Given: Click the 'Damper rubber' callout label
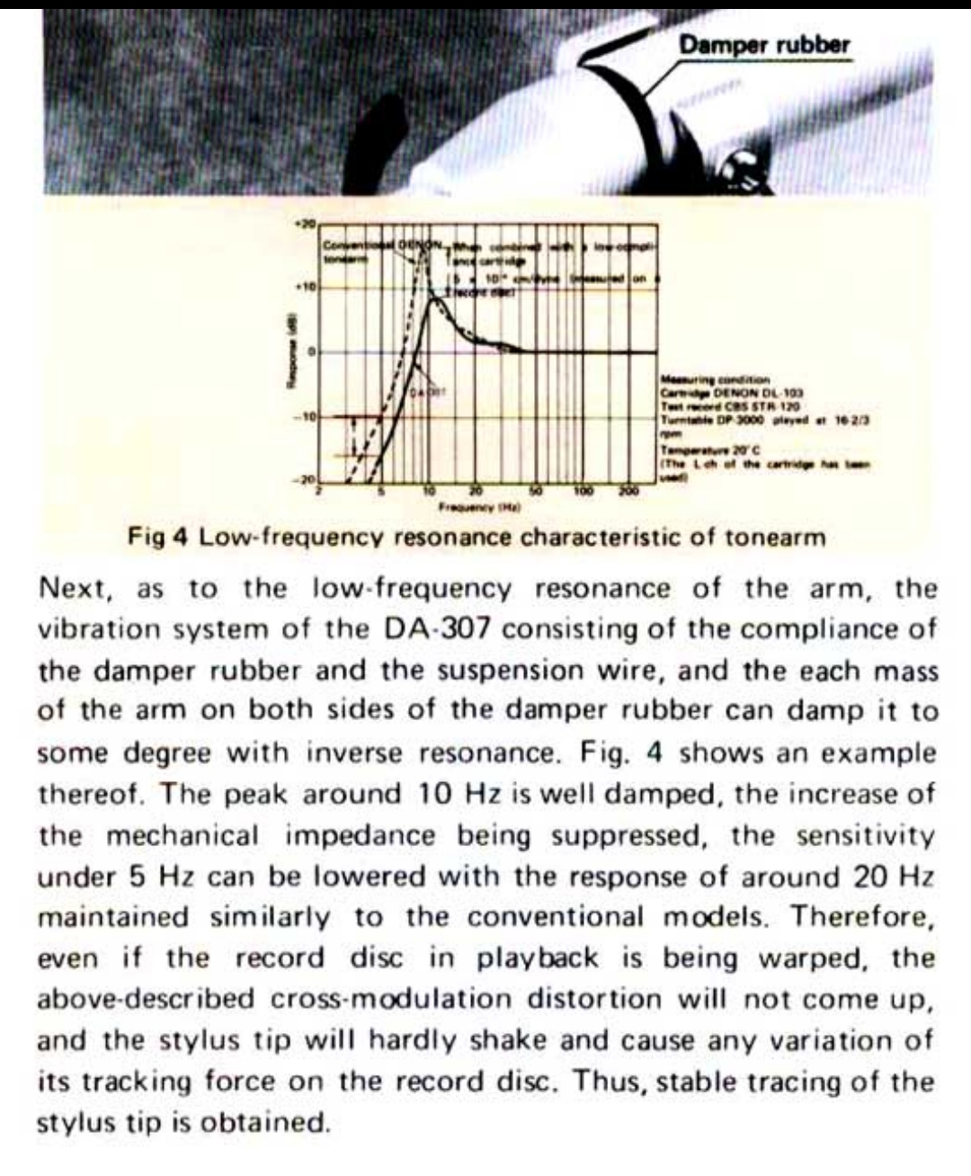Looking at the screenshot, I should [763, 44].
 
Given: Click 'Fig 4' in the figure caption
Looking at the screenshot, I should [158, 538].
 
